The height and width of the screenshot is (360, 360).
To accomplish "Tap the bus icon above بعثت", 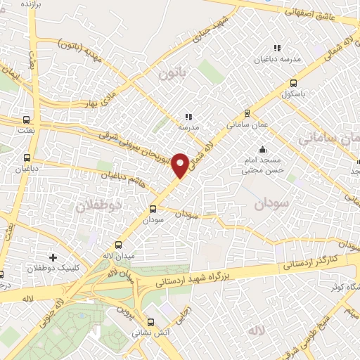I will [x=27, y=120].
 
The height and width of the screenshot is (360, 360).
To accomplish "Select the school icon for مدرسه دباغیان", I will [x=277, y=48].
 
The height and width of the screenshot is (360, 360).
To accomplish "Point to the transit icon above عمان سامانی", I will [x=246, y=112].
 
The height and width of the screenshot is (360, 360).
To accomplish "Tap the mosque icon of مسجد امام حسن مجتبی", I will [x=262, y=149].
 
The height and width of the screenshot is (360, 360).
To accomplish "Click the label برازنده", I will [x=26, y=4].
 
